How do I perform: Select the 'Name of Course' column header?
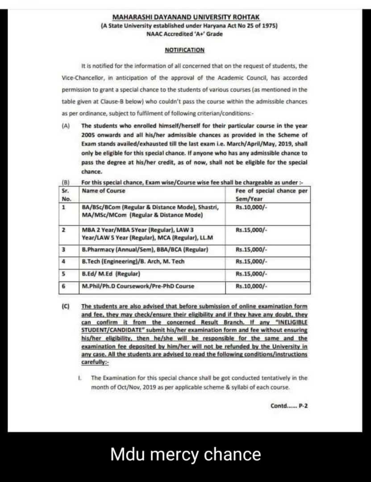coord(104,191)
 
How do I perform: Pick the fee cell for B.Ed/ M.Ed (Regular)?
coord(251,274)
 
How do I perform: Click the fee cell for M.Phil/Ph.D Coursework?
coord(251,286)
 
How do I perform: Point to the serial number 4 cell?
coord(64,262)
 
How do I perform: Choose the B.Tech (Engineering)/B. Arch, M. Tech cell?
coord(133,262)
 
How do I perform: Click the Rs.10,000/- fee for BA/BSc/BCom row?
coord(251,208)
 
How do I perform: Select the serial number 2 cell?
coord(64,230)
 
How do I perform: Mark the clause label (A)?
coord(66,126)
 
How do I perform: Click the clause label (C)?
coord(66,306)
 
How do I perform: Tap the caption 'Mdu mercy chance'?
coord(185,454)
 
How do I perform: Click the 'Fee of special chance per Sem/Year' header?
coord(271,195)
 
